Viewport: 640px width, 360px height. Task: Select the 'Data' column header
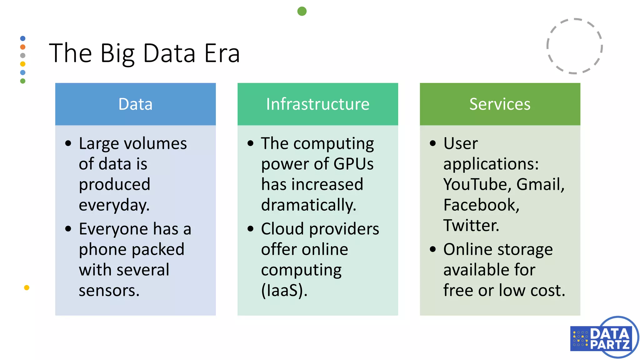pyautogui.click(x=135, y=104)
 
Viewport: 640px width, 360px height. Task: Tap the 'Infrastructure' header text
pyautogui.click(x=317, y=104)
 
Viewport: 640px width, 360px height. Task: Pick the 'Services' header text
pyautogui.click(x=500, y=104)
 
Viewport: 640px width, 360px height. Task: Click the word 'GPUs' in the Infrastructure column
pyautogui.click(x=353, y=164)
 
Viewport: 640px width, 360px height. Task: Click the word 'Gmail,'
pyautogui.click(x=540, y=184)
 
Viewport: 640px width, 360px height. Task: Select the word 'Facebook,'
pyautogui.click(x=481, y=205)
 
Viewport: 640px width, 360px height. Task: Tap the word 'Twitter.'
pyautogui.click(x=471, y=225)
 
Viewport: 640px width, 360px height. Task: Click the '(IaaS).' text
pyautogui.click(x=284, y=290)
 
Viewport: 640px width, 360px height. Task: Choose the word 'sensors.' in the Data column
pyautogui.click(x=109, y=290)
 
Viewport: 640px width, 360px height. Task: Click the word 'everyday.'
pyautogui.click(x=114, y=205)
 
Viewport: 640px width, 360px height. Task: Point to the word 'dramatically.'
pyautogui.click(x=308, y=205)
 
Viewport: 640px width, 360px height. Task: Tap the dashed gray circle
pyautogui.click(x=574, y=46)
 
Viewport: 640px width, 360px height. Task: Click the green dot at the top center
pyautogui.click(x=302, y=11)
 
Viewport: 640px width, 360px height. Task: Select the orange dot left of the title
pyautogui.click(x=23, y=47)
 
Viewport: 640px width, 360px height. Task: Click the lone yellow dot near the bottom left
pyautogui.click(x=27, y=287)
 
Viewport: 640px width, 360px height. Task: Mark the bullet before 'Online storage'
pyautogui.click(x=432, y=249)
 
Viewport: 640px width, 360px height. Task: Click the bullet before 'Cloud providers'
pyautogui.click(x=250, y=228)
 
